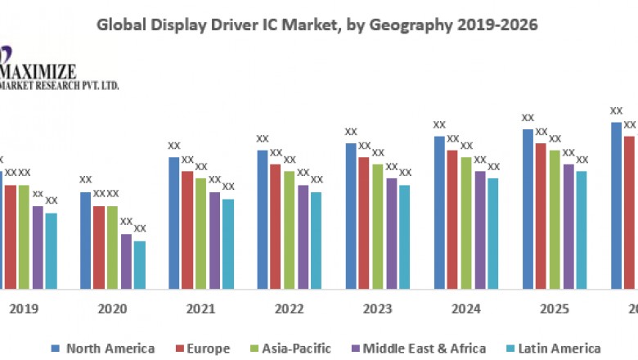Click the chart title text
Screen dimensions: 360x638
[x=317, y=25]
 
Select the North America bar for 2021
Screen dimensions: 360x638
[x=174, y=223]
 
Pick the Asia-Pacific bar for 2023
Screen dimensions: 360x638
[x=378, y=227]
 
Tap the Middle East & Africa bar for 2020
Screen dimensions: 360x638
[x=126, y=261]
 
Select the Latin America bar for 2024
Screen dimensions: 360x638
[x=493, y=233]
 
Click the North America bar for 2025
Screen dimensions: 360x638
[x=528, y=209]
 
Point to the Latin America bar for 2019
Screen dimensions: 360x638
[x=51, y=250]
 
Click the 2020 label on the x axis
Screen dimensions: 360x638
[x=112, y=309]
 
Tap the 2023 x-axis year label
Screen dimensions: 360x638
[x=378, y=309]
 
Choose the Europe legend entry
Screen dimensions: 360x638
[x=204, y=348]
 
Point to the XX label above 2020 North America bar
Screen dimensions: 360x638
[x=85, y=180]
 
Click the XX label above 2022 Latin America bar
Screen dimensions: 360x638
[x=317, y=180]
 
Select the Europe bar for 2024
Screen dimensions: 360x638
[x=452, y=219]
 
